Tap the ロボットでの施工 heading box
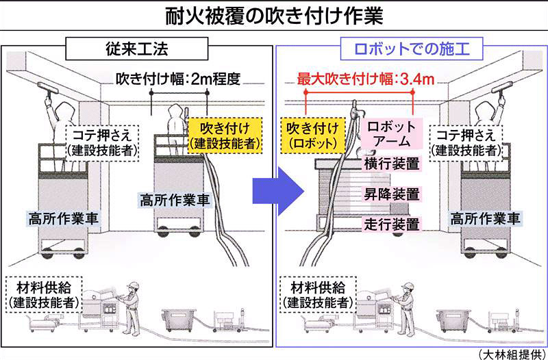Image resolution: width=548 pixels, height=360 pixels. click(410, 50)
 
